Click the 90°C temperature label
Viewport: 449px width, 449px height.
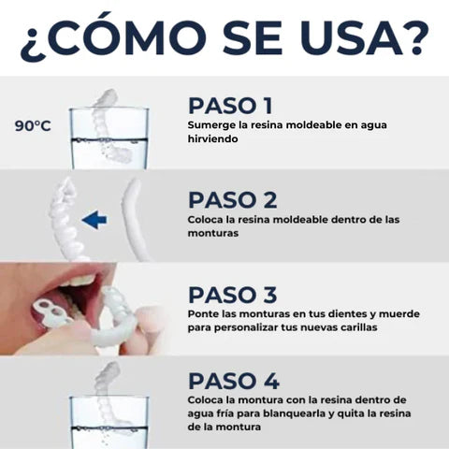coord(33,126)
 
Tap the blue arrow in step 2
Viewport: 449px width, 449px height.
coord(94,220)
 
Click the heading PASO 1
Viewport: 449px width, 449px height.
coord(230,106)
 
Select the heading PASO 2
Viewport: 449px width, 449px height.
coord(233,200)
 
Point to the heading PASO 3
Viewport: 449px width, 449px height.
coord(233,295)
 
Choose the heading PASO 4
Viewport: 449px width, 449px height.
coord(234,381)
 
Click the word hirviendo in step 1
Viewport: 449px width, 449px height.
coord(212,138)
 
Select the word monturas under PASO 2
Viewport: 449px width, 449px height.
coord(213,233)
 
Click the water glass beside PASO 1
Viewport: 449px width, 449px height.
coord(109,138)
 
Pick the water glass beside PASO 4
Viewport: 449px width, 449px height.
coord(109,423)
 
